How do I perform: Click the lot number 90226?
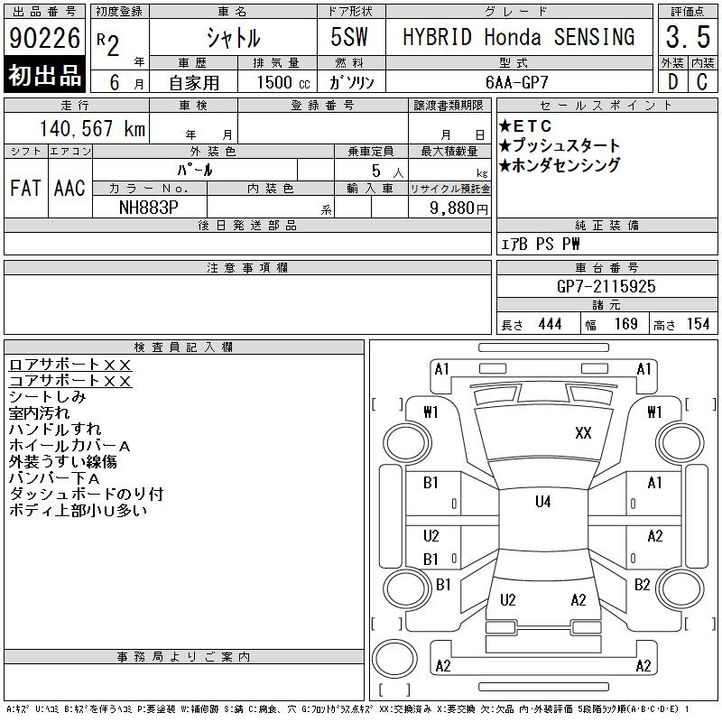(44, 39)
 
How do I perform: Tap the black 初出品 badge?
(44, 76)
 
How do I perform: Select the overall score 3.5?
(687, 37)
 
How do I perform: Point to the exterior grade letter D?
(672, 80)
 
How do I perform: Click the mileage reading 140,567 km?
(91, 129)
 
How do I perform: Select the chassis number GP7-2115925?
(606, 286)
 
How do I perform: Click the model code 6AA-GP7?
(518, 80)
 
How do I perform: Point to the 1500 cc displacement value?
(274, 80)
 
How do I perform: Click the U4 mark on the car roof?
(542, 502)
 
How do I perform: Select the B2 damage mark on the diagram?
(642, 584)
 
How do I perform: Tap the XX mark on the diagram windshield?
(583, 433)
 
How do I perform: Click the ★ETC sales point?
(525, 126)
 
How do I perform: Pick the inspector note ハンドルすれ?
(54, 430)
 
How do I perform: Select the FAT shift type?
(25, 188)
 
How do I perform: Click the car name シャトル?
(232, 37)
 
